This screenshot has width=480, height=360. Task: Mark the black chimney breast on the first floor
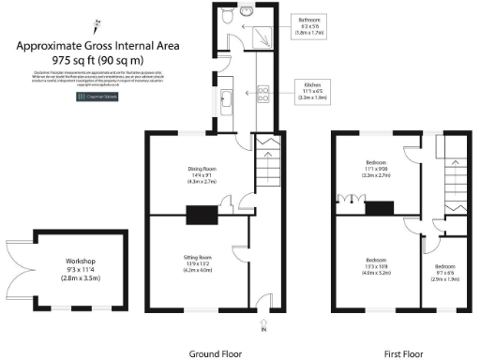380,209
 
